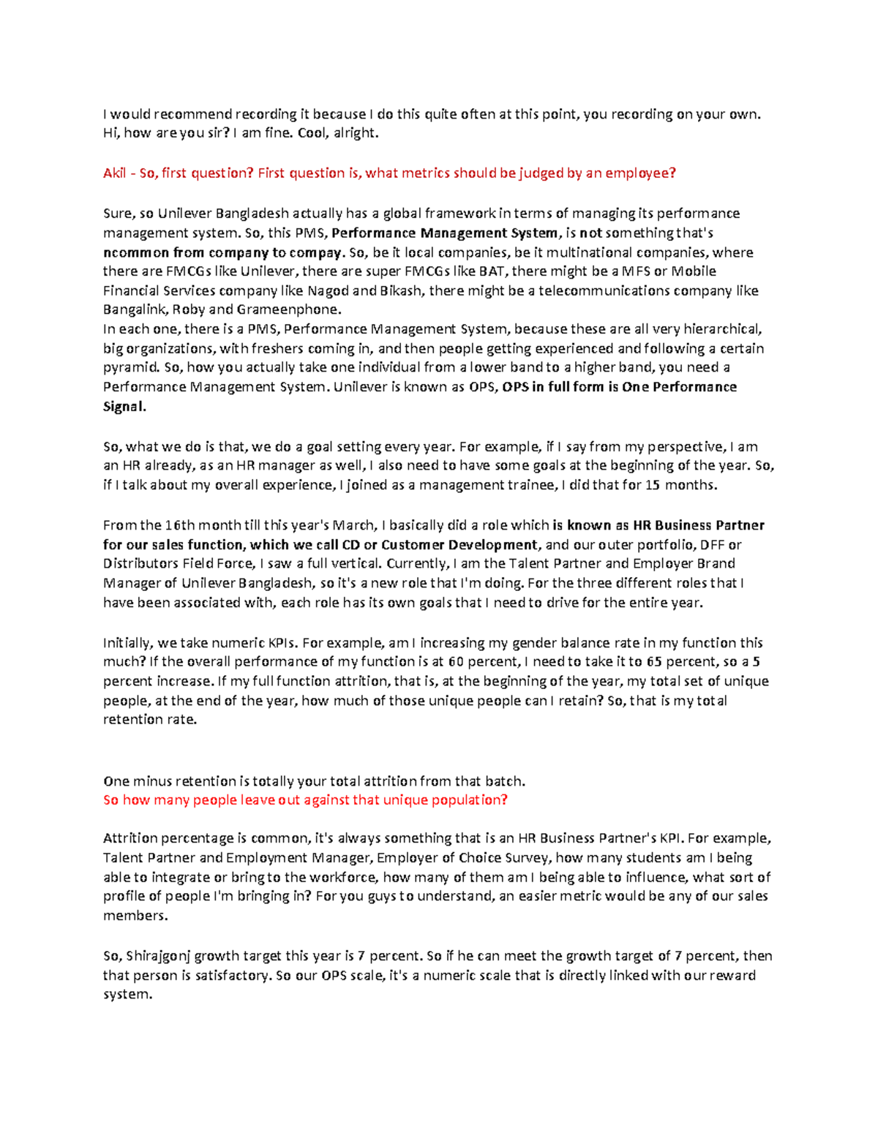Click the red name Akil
(x=115, y=173)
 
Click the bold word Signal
(x=124, y=407)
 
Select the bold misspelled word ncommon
(x=136, y=252)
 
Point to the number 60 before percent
(x=456, y=662)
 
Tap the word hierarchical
(x=721, y=329)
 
